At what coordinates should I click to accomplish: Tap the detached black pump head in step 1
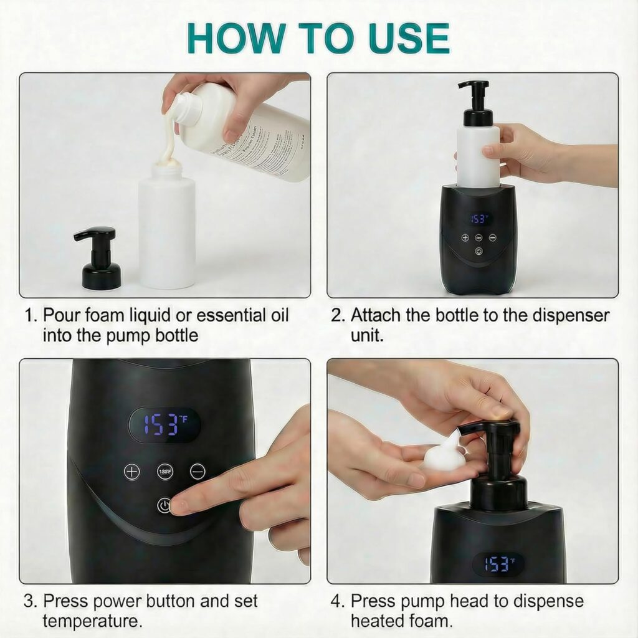98,258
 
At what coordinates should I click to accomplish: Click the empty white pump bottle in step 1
166,231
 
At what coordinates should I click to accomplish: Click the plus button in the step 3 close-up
132,472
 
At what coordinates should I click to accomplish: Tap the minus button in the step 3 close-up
198,472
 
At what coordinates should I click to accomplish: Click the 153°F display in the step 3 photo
163,425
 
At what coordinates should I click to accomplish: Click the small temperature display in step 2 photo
479,219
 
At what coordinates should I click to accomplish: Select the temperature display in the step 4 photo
498,563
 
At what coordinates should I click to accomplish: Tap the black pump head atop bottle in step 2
477,103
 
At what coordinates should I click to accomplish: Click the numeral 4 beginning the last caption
336,602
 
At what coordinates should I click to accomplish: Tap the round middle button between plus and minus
165,472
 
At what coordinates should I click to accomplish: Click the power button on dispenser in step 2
478,251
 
